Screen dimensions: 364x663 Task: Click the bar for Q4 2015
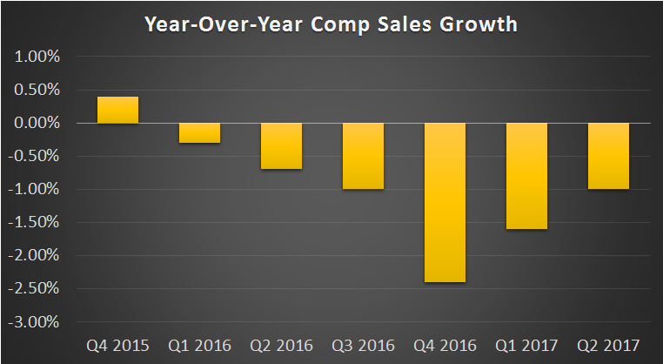point(117,110)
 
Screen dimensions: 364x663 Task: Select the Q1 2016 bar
point(199,133)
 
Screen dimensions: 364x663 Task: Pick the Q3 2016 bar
point(363,156)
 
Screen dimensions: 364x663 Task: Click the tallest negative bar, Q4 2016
point(445,202)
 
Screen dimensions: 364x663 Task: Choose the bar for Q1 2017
point(526,176)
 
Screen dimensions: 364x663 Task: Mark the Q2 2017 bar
point(608,156)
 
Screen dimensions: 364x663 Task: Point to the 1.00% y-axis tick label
point(37,57)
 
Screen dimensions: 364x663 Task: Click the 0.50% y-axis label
point(37,91)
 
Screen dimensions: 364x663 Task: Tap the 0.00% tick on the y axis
point(37,124)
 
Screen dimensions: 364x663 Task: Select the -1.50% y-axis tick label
point(36,223)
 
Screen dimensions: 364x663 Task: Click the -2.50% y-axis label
point(36,289)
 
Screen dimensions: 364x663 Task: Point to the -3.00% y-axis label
point(36,322)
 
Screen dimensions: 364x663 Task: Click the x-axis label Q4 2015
point(117,345)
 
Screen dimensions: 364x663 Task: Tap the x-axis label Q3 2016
point(363,345)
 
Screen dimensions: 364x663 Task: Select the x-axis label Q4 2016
point(445,345)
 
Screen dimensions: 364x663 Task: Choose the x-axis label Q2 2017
point(608,345)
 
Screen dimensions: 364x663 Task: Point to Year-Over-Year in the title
point(219,24)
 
